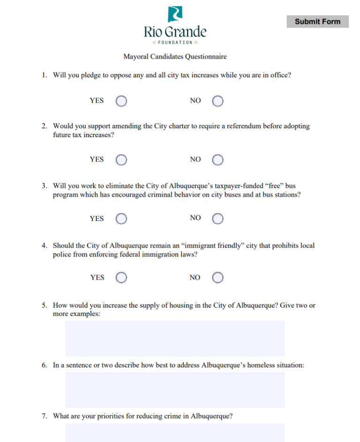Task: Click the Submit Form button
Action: point(317,22)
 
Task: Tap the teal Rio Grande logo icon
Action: point(175,14)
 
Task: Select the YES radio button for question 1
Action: point(121,101)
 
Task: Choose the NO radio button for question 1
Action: point(217,101)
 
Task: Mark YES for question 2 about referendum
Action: point(121,160)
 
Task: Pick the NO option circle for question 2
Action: point(217,160)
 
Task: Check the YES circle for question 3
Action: point(121,219)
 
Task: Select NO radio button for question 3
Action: point(217,219)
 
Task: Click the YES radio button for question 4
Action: point(121,278)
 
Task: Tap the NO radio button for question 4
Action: point(217,278)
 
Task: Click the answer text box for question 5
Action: point(175,338)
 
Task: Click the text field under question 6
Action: point(175,390)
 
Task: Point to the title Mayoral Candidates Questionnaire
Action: point(175,57)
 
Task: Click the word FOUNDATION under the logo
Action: point(175,43)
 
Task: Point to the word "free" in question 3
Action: point(274,186)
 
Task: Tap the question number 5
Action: point(44,305)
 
